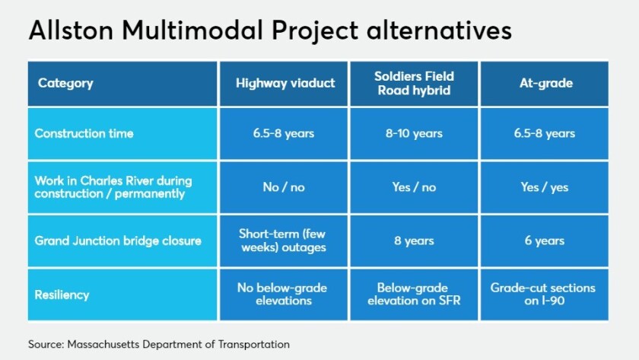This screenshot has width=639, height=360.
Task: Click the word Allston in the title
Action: [x=71, y=30]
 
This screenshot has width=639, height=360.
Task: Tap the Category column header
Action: [x=65, y=83]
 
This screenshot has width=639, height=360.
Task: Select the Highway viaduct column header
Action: [x=285, y=83]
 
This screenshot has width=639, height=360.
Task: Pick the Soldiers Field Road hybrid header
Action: [x=414, y=83]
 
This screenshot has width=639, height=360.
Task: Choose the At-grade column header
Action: [x=546, y=83]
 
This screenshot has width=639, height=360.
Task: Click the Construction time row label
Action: [x=84, y=133]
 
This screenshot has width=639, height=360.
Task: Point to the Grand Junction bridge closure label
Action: [x=118, y=241]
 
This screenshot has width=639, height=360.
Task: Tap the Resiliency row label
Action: [x=62, y=295]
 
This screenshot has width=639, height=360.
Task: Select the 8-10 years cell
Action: [x=414, y=133]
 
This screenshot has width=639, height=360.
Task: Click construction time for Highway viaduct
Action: [x=284, y=133]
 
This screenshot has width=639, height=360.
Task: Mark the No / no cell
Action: [x=284, y=187]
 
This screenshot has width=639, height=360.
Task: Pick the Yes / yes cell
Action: [x=545, y=187]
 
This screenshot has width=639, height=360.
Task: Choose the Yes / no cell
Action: [x=414, y=187]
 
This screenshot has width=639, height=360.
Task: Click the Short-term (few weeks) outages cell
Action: [x=283, y=241]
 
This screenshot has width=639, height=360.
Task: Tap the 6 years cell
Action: [x=545, y=241]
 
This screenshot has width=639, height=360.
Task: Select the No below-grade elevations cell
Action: [x=282, y=295]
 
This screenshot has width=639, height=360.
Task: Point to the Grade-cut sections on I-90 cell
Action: [x=543, y=295]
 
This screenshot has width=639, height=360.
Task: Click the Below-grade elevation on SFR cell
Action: [x=414, y=295]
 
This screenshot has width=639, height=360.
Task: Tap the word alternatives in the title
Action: [x=439, y=30]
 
